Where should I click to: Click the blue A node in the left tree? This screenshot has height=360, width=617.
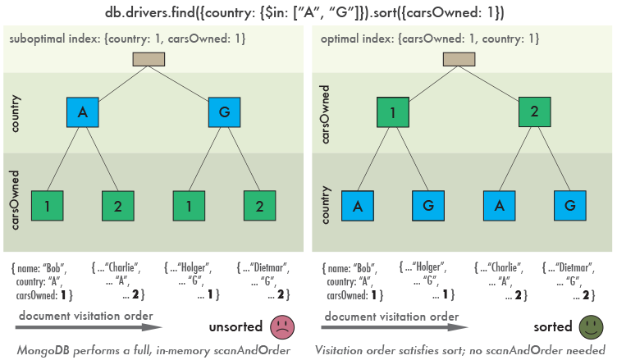tap(83, 112)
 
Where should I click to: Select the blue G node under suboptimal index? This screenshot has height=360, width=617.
tap(224, 112)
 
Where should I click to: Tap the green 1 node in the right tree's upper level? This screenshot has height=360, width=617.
tap(393, 112)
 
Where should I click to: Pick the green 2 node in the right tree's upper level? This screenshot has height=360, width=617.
tap(534, 112)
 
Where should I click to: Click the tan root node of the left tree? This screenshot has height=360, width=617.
tap(149, 59)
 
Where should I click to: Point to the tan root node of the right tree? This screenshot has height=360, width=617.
tap(459, 59)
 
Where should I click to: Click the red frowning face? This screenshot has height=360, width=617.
tap(282, 327)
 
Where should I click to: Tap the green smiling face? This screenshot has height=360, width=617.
tap(591, 327)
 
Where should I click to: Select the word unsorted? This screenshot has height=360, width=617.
tap(235, 327)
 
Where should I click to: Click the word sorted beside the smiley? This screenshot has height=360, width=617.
tap(553, 327)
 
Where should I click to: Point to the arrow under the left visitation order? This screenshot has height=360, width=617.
tap(89, 327)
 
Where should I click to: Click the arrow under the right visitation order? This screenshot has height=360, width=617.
tap(395, 327)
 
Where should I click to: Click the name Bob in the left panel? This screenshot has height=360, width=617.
tap(53, 268)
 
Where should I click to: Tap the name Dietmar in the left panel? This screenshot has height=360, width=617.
tap(269, 268)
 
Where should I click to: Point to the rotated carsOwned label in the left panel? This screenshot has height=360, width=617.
tap(15, 200)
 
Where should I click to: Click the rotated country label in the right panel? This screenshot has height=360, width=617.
tap(325, 205)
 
